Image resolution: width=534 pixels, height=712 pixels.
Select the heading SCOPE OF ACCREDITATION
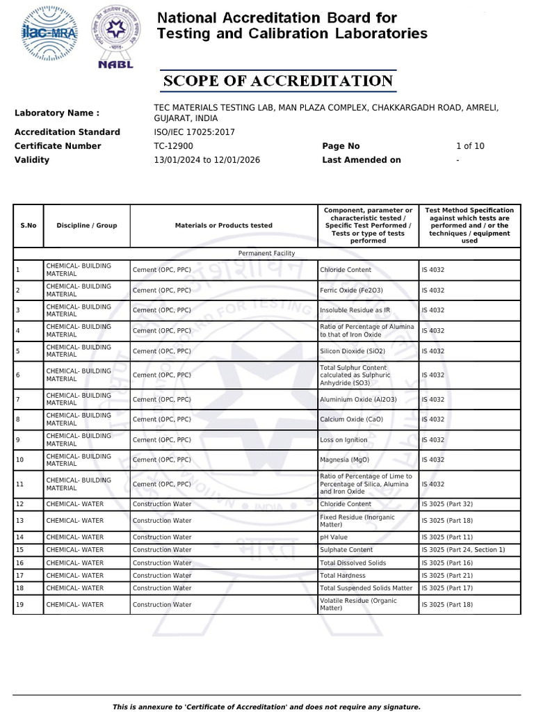coord(278,81)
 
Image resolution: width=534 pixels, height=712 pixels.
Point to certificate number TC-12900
coord(173,146)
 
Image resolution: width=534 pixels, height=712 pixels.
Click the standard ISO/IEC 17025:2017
coord(194,132)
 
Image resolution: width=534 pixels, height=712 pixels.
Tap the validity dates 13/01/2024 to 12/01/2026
coord(207,160)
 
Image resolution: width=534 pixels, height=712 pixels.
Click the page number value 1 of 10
coord(470,146)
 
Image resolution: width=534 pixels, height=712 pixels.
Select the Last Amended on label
coord(362,160)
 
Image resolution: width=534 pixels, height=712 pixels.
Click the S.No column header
coord(29,225)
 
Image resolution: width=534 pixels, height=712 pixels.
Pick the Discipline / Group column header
coord(87,225)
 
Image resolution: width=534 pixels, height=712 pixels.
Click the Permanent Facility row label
coord(266,254)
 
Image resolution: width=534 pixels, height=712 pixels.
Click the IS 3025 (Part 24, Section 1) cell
coord(463,549)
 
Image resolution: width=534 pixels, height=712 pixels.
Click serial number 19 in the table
coord(19,604)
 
